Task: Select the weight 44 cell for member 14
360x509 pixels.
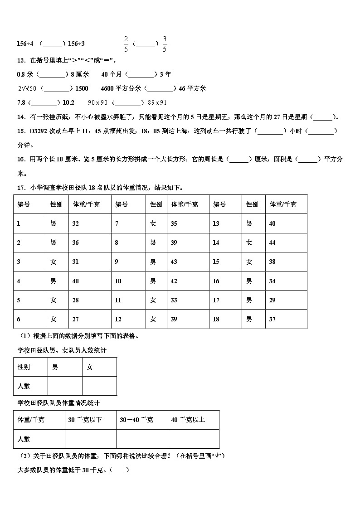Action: coord(272,243)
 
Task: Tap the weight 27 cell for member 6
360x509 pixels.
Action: coord(76,319)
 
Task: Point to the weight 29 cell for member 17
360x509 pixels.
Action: coord(272,300)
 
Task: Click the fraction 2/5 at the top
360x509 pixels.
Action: coord(126,44)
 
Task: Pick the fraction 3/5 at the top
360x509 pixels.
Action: coord(165,44)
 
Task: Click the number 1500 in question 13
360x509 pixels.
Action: coord(82,88)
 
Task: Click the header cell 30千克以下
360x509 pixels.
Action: coord(85,420)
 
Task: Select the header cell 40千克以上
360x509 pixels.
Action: coord(188,420)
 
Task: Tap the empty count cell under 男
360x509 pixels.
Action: coord(64,386)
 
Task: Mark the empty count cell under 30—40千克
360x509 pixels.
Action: coord(142,439)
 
